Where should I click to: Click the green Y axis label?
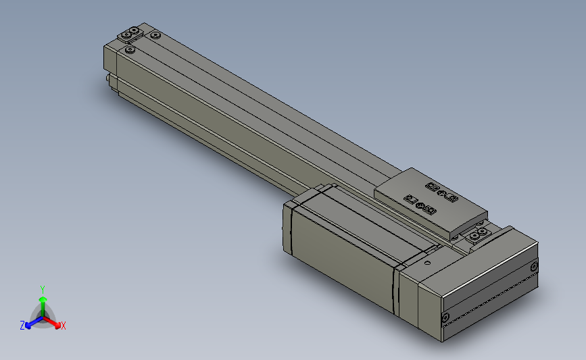coord(42,290)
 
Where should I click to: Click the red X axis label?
coord(63,326)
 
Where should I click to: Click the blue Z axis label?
coord(22,326)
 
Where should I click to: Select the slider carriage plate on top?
coord(431,203)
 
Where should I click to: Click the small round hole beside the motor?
coord(428,263)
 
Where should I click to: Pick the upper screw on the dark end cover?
coord(534,267)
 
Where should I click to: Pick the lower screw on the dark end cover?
coord(445,318)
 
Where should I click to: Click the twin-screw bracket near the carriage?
coord(478,234)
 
